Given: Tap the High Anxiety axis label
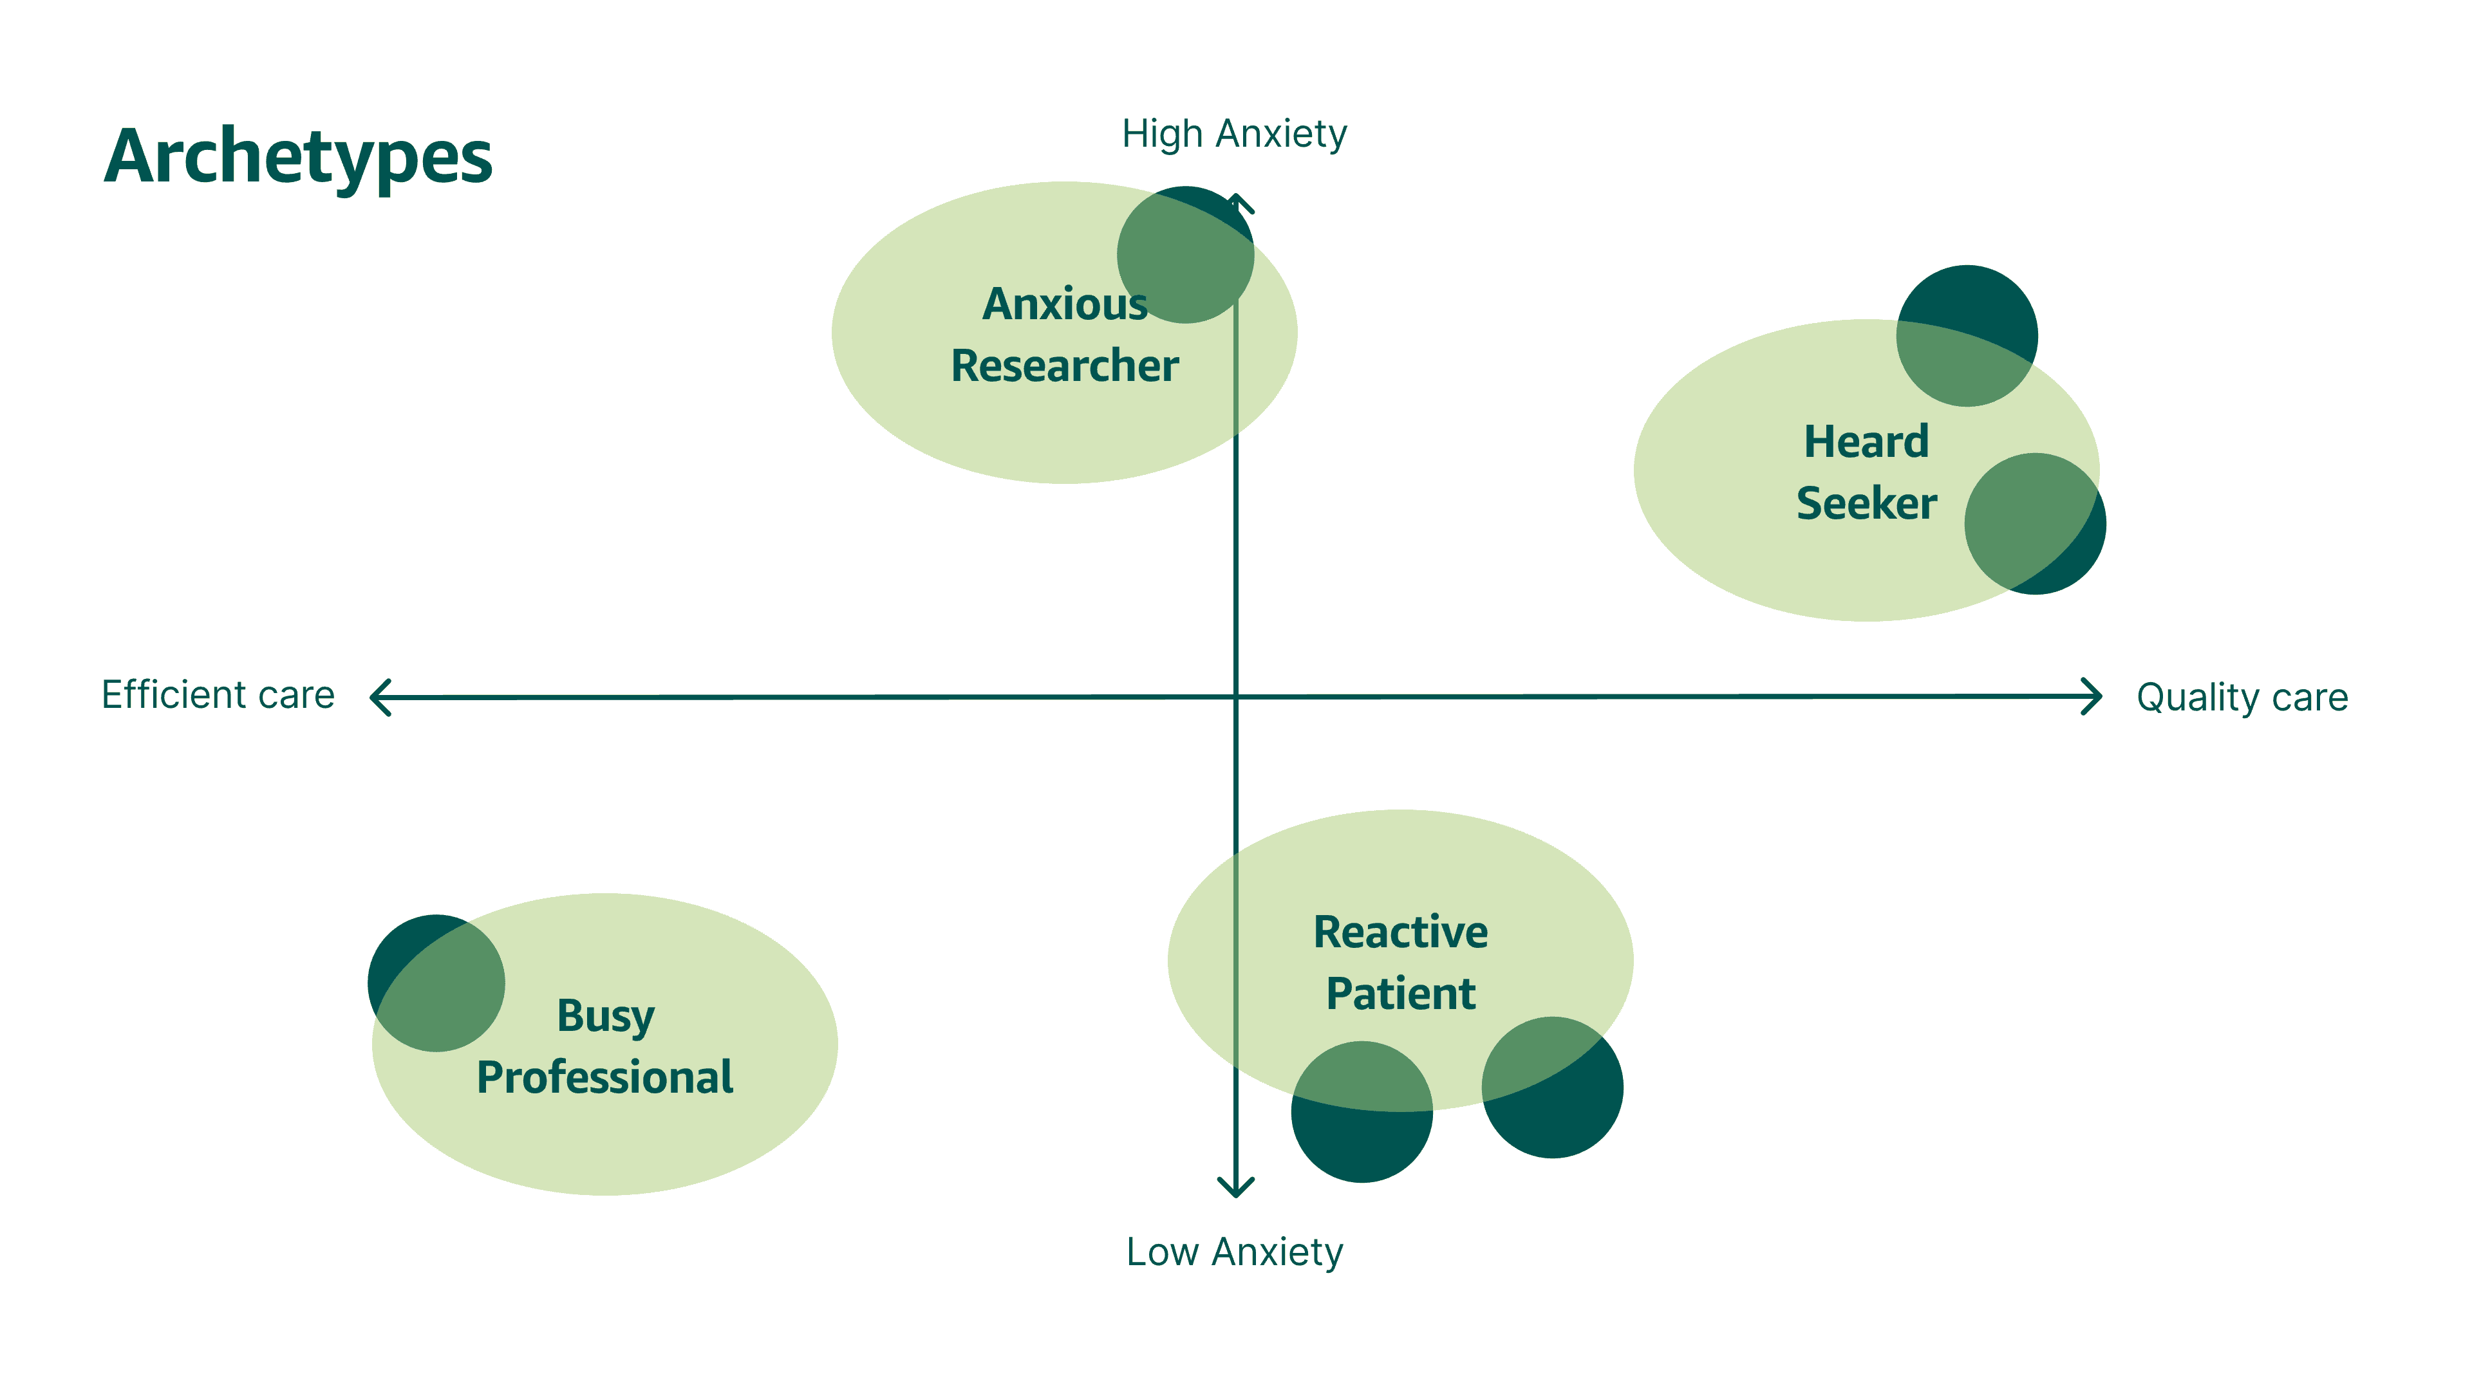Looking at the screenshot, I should pyautogui.click(x=1234, y=134).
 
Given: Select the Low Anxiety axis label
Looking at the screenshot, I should pyautogui.click(x=1234, y=1252).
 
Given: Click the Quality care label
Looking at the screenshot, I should pyautogui.click(x=2242, y=698).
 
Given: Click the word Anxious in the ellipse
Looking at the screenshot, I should pyautogui.click(x=1064, y=304).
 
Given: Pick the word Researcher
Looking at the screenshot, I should pyautogui.click(x=1064, y=366).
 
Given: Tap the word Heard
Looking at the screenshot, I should pyautogui.click(x=1866, y=442).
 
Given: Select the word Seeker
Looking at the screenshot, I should pyautogui.click(x=1866, y=504).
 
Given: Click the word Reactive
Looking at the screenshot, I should pyautogui.click(x=1400, y=932).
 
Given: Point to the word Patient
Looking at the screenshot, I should pyautogui.click(x=1400, y=994).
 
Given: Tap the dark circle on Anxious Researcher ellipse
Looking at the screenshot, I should pyautogui.click(x=1185, y=254).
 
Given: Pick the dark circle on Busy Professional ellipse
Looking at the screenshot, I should pyautogui.click(x=436, y=983).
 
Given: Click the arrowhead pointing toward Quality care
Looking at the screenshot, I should pyautogui.click(x=2092, y=696).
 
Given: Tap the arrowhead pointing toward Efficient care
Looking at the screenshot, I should pyautogui.click(x=380, y=698).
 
